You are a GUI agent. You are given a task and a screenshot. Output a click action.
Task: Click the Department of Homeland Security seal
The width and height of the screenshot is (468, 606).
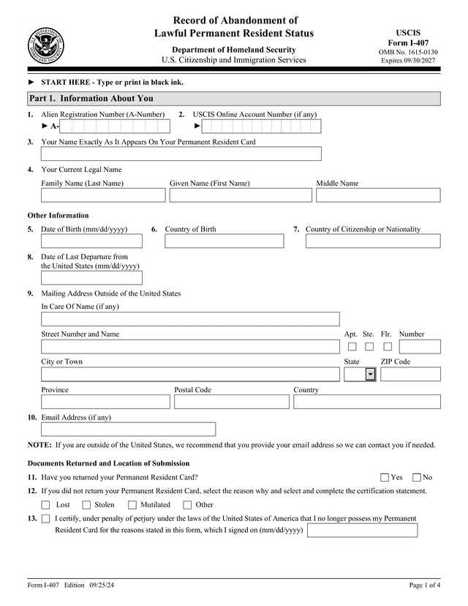[46, 45]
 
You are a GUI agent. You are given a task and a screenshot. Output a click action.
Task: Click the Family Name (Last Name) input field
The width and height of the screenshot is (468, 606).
[103, 195]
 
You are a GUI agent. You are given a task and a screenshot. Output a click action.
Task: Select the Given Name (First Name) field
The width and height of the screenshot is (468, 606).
[241, 195]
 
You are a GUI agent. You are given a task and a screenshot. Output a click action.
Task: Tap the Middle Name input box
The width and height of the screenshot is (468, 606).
[378, 195]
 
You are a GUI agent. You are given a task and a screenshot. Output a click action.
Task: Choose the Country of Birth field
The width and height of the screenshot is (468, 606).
[224, 242]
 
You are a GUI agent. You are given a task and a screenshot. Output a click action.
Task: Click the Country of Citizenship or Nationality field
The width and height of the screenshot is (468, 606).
[373, 242]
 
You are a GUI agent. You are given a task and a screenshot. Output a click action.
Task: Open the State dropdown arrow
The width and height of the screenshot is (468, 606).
[370, 375]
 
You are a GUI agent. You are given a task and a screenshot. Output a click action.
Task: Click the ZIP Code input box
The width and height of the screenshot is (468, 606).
[410, 375]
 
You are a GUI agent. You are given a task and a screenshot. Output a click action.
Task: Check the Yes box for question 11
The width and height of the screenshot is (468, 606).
[385, 477]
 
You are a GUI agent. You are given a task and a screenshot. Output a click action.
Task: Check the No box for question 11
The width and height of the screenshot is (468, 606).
[417, 477]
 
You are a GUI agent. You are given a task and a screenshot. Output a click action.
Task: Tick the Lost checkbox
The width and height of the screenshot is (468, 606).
[46, 505]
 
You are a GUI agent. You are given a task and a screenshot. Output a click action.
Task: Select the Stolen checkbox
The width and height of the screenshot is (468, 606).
[86, 505]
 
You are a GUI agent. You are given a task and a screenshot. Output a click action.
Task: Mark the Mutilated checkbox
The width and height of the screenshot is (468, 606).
[132, 505]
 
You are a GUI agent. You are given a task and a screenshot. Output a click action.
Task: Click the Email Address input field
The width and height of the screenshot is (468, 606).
[128, 429]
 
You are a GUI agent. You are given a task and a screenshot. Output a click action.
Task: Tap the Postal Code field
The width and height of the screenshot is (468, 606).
[231, 402]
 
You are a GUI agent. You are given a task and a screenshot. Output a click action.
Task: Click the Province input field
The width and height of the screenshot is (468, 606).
[105, 402]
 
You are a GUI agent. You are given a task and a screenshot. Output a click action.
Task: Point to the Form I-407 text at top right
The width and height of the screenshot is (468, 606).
[408, 43]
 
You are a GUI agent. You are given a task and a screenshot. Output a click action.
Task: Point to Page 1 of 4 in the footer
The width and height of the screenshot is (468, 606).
[424, 586]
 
